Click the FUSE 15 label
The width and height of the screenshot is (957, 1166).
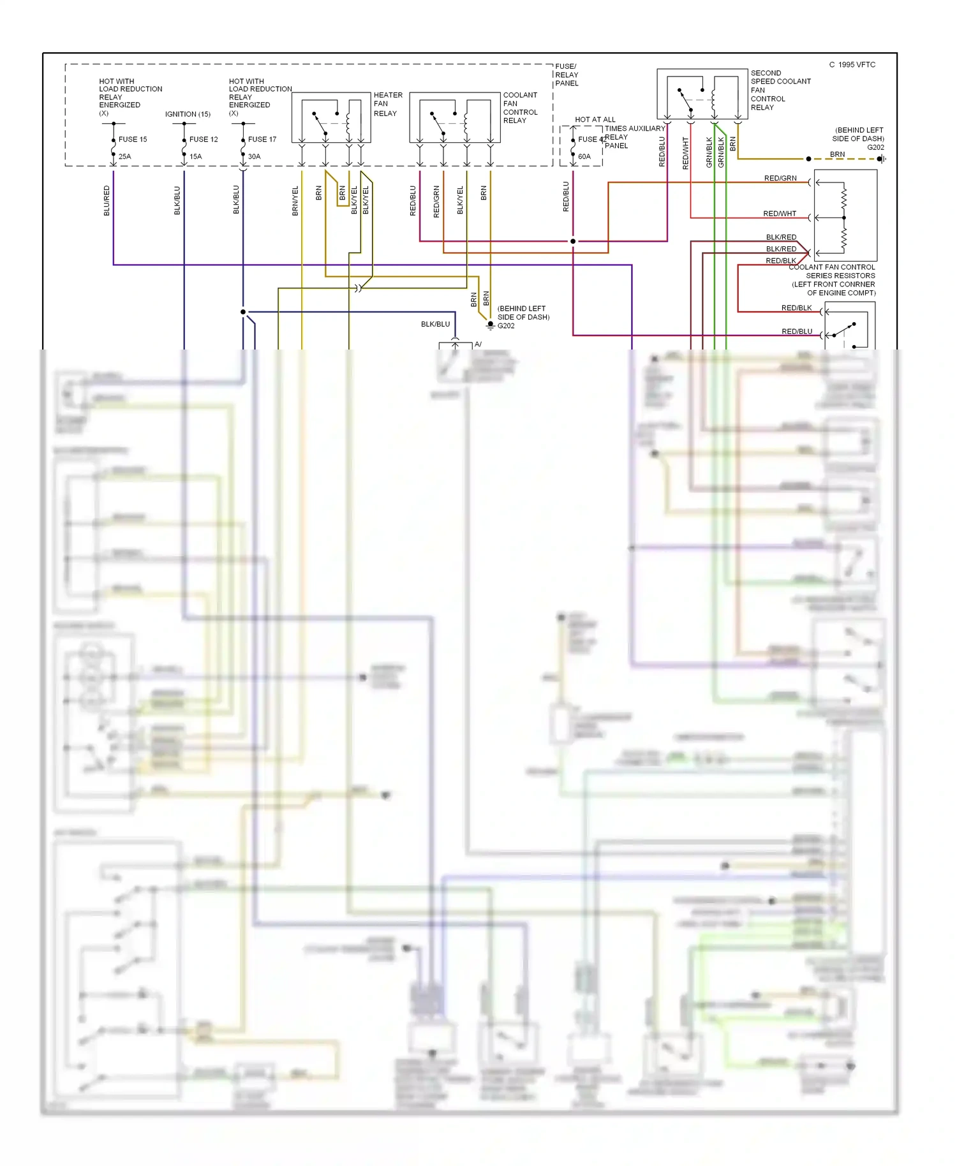point(133,139)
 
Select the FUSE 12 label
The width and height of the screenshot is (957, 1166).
point(203,139)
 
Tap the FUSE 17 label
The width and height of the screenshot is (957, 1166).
point(262,139)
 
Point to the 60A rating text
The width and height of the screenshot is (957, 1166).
point(584,156)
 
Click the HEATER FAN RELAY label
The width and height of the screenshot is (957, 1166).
point(388,104)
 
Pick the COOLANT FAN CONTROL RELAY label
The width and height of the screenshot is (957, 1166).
point(520,108)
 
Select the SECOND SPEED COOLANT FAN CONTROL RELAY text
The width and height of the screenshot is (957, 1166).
point(780,90)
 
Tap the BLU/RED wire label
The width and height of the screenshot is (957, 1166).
point(107,200)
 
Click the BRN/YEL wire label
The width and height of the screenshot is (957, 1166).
point(295,200)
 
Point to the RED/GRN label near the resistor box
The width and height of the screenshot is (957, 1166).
point(780,178)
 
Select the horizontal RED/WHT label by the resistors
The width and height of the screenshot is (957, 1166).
point(779,214)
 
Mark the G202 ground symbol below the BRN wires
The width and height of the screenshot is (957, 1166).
point(490,325)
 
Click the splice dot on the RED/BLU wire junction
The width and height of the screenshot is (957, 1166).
point(573,241)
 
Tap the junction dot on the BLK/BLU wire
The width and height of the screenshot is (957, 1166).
point(243,312)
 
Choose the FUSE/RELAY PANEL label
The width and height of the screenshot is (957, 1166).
point(567,75)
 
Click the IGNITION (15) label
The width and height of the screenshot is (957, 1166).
point(188,114)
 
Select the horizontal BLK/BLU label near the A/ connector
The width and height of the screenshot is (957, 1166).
point(435,324)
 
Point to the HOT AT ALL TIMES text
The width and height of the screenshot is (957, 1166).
point(595,119)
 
